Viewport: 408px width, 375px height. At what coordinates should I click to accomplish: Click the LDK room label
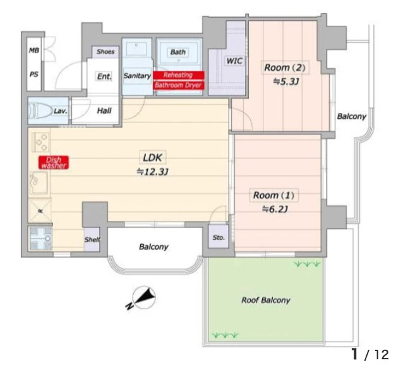point(153,158)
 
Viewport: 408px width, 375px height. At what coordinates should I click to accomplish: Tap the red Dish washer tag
point(54,162)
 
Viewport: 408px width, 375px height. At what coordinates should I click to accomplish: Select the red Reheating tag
point(179,75)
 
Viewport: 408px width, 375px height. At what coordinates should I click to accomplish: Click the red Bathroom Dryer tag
point(179,85)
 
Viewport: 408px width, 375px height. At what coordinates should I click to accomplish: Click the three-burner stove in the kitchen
point(40,142)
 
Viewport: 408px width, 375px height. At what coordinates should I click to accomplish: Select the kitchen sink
point(39,183)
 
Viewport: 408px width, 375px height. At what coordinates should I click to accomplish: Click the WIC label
point(234,61)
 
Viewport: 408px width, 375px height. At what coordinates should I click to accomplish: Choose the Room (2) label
point(285,68)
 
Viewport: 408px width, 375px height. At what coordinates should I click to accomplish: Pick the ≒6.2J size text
point(275,209)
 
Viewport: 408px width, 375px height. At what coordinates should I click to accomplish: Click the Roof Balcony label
point(266,301)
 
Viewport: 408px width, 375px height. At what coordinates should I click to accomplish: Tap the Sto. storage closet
point(219,237)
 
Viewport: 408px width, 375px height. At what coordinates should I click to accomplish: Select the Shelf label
point(92,239)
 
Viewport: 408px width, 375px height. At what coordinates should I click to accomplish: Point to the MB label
point(34,51)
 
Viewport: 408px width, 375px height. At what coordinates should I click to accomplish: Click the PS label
point(34,74)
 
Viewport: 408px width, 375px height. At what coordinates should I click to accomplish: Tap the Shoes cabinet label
point(105,52)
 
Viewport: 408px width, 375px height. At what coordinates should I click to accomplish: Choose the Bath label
point(178,52)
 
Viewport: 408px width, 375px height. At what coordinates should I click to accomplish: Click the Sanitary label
point(137,76)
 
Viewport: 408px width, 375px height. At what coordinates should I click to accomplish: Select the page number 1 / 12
point(370,354)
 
